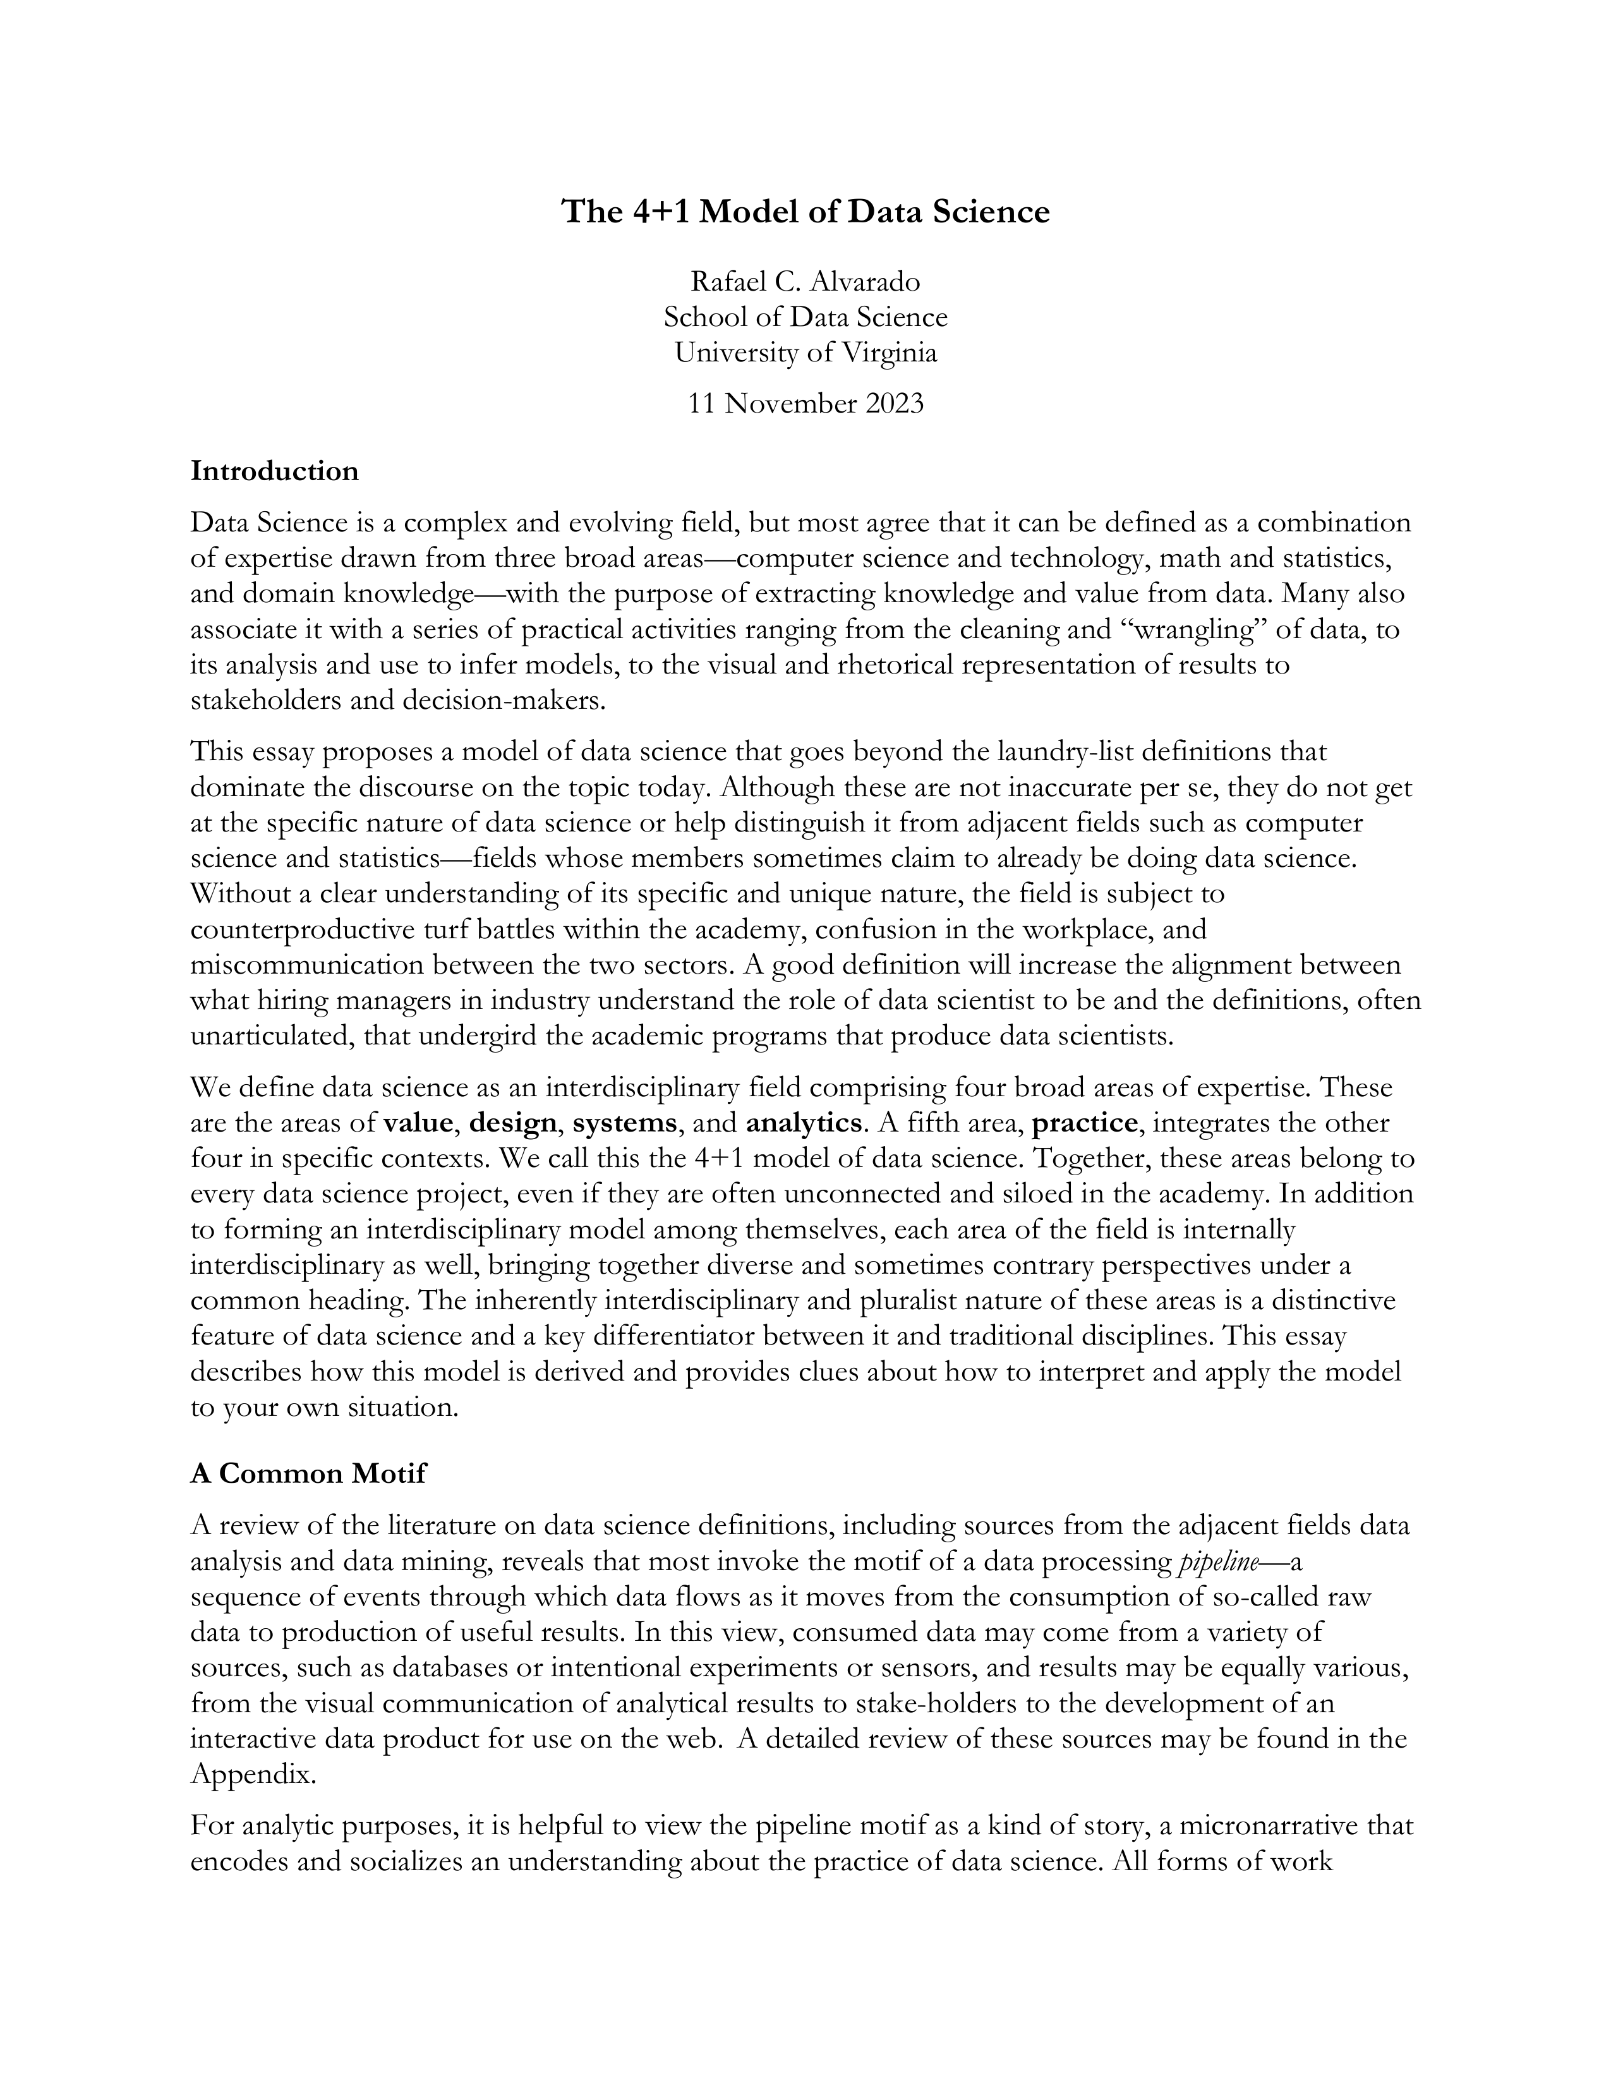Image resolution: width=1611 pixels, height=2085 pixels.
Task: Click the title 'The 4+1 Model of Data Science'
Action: click(805, 211)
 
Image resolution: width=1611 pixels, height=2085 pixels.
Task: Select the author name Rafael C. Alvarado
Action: click(805, 282)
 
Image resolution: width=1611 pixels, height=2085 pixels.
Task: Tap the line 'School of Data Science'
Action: click(805, 317)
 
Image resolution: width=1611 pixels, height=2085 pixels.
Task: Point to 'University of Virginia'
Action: click(805, 353)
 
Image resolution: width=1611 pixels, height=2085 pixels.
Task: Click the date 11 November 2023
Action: click(805, 404)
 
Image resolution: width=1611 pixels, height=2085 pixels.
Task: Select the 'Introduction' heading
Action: click(275, 471)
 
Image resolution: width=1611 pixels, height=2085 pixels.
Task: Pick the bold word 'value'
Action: click(417, 1123)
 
